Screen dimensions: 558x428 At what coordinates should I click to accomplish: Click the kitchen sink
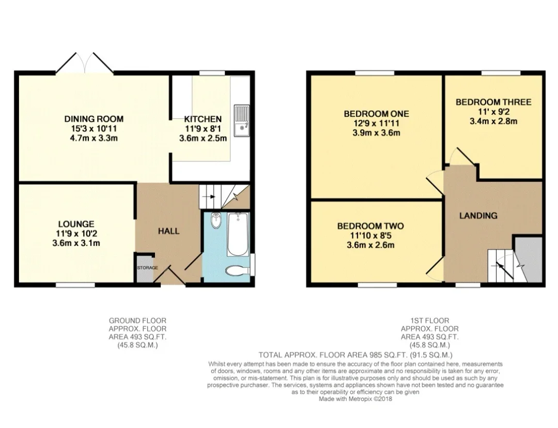242,120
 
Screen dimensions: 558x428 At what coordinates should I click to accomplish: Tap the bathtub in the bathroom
238,234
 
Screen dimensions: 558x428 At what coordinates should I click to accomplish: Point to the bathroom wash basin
215,220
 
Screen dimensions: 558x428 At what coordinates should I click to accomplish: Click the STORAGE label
147,268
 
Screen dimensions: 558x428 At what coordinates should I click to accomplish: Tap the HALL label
168,231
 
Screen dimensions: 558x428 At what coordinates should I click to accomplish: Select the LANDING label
478,216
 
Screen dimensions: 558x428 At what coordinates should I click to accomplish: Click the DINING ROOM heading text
94,119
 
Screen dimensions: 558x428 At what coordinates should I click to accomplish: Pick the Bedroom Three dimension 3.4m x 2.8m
493,121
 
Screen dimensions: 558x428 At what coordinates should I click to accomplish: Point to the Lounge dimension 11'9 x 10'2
76,234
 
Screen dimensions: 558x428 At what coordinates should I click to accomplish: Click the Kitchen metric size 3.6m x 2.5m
203,138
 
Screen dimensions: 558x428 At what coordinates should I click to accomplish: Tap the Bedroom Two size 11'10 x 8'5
370,236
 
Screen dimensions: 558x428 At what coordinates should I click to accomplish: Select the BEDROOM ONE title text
377,114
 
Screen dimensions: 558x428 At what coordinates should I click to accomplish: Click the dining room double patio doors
84,64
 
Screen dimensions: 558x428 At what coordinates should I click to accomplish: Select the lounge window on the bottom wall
75,285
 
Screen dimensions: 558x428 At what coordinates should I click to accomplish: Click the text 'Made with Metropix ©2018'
355,399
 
